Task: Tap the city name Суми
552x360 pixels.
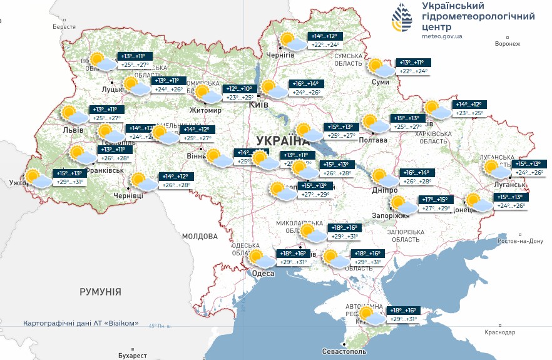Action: click(x=380, y=81)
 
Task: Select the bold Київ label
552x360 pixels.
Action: click(x=258, y=105)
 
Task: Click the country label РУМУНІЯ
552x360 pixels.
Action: click(x=100, y=292)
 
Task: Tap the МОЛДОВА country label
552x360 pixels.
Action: click(x=200, y=236)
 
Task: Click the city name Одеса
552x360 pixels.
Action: click(x=263, y=274)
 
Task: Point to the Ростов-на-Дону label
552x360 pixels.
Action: click(x=519, y=241)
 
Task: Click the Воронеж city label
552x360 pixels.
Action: click(x=507, y=44)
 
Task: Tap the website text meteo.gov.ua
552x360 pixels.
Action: click(x=441, y=36)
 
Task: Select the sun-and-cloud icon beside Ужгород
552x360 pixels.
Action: click(x=37, y=178)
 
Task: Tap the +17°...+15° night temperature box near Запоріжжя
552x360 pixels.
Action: click(x=434, y=200)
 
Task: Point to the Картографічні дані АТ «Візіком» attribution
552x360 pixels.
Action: click(x=81, y=324)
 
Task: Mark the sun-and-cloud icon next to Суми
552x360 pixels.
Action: click(x=380, y=67)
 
